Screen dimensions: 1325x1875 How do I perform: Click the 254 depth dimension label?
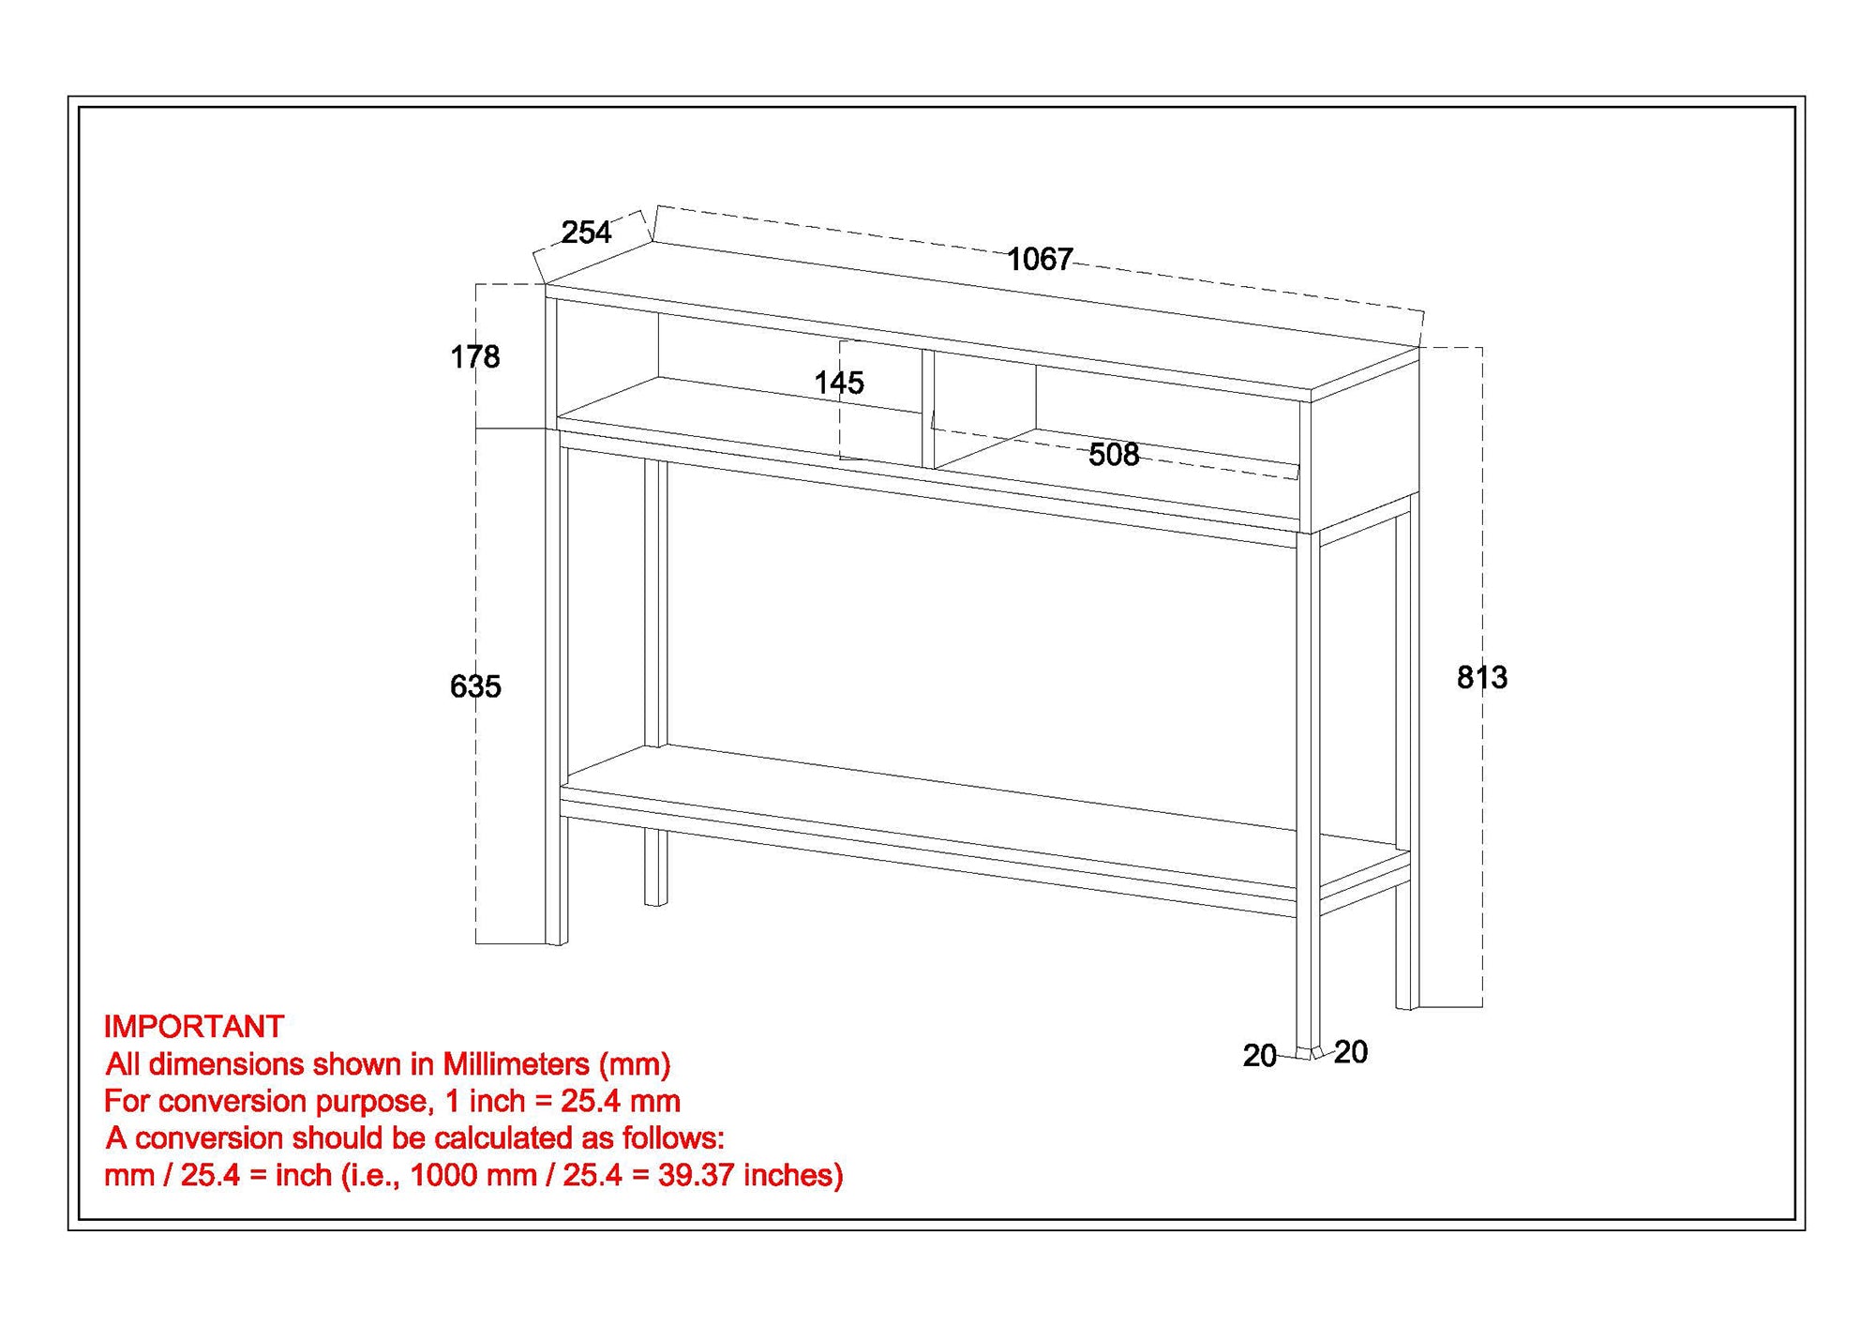coord(586,232)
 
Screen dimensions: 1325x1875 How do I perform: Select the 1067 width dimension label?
coord(1039,259)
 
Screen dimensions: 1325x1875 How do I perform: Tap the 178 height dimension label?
coord(474,356)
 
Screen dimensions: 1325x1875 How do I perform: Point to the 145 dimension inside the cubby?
coord(838,383)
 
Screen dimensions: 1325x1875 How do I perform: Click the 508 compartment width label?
coord(1113,455)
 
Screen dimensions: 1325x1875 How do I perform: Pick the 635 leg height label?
coord(475,686)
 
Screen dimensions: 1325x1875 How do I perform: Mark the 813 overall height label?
coord(1481,677)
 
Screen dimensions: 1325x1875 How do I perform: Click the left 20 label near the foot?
coord(1259,1056)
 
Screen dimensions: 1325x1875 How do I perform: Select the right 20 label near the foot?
coord(1350,1052)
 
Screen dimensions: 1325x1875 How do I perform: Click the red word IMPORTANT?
coord(193,1027)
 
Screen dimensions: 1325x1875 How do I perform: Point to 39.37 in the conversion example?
coord(696,1175)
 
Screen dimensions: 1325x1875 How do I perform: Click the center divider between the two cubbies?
coord(927,409)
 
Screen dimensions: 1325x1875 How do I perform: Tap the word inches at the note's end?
coord(791,1175)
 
